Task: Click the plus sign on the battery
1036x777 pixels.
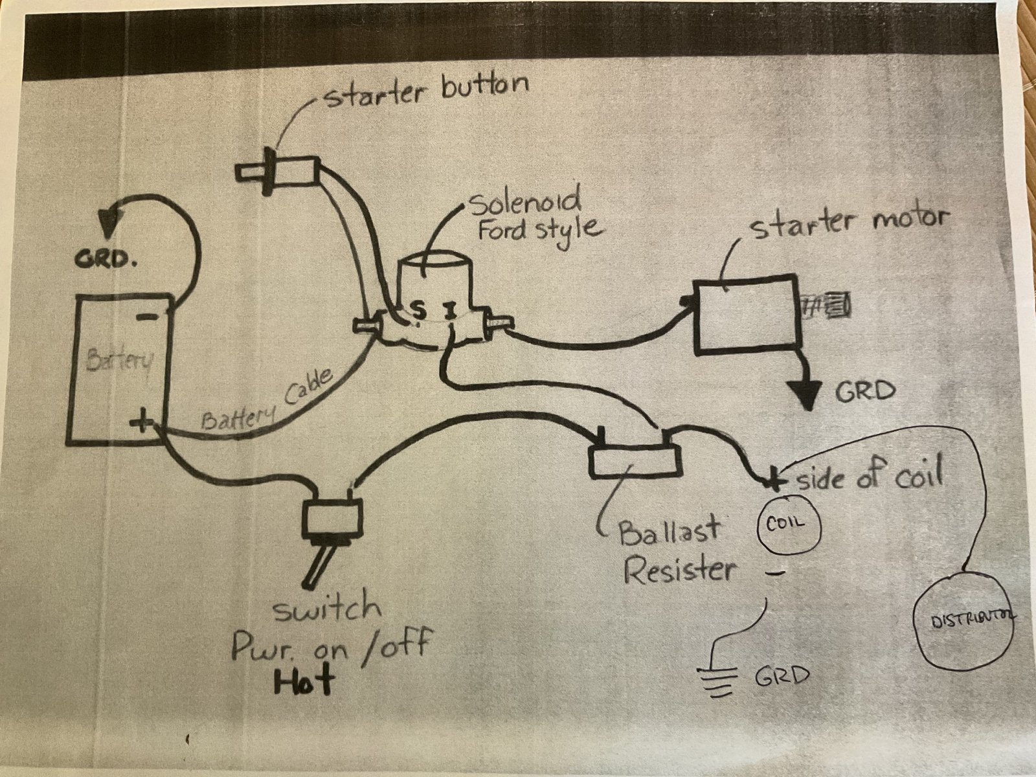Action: (141, 422)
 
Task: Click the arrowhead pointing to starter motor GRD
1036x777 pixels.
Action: (805, 394)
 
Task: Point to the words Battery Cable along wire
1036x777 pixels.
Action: (268, 404)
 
